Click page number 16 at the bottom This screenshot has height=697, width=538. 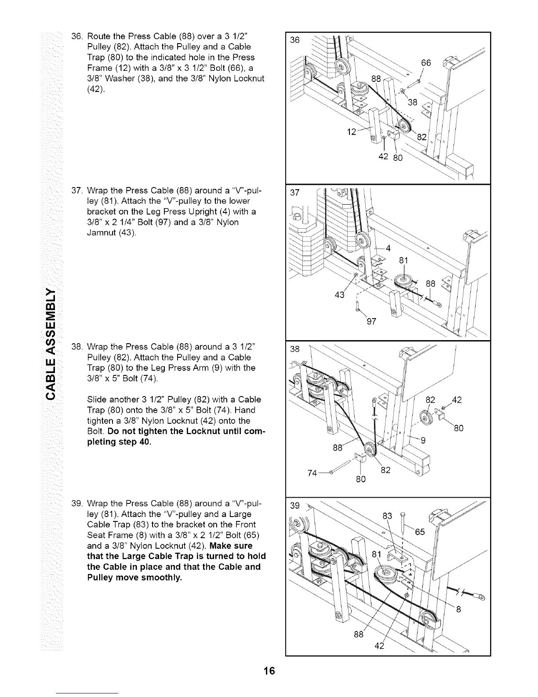[x=269, y=671]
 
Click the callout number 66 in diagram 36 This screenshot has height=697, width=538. [x=426, y=62]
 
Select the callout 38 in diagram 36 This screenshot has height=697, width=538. [x=412, y=103]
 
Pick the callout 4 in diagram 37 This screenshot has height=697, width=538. [x=388, y=248]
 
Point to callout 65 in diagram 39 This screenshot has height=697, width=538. [x=420, y=532]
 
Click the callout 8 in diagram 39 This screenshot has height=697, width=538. [x=459, y=610]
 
